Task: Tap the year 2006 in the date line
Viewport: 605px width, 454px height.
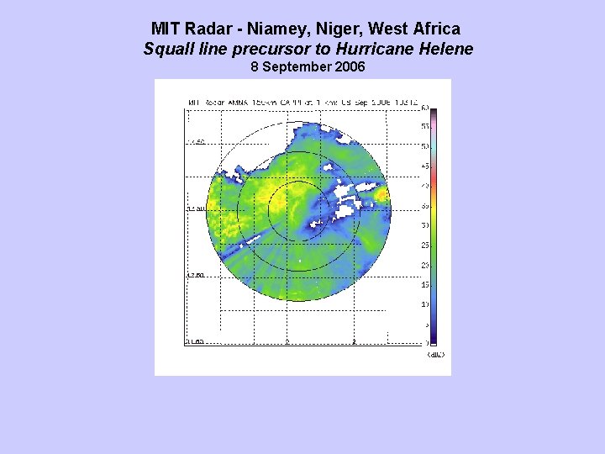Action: click(x=349, y=66)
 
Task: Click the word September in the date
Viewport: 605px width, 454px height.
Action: click(x=296, y=66)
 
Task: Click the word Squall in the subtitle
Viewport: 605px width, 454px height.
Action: click(x=166, y=49)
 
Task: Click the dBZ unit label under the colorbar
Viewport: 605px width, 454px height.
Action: click(x=434, y=354)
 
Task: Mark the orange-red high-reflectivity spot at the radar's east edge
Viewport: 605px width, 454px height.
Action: click(x=381, y=196)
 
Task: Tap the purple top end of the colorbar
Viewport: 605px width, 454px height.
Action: click(x=434, y=112)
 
